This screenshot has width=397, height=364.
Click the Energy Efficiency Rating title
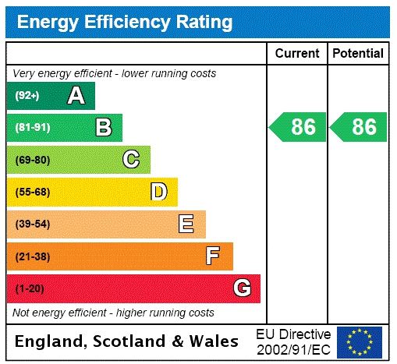click(125, 22)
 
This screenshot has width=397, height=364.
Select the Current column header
click(297, 54)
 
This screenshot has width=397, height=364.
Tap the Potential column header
click(358, 54)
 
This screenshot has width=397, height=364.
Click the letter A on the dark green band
click(76, 96)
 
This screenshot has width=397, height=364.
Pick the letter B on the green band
click(103, 128)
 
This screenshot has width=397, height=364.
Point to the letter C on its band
click(131, 160)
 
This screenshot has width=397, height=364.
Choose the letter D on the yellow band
click(159, 192)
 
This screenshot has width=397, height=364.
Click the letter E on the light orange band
click(186, 224)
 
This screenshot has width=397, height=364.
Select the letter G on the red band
click(242, 288)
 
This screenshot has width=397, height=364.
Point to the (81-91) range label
click(32, 128)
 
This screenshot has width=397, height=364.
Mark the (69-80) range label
click(32, 160)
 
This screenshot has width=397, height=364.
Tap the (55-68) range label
click(32, 192)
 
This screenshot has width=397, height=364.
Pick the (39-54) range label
click(32, 224)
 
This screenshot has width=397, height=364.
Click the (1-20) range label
click(30, 288)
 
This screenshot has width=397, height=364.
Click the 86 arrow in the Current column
click(298, 127)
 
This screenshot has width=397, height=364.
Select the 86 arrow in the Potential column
click(359, 127)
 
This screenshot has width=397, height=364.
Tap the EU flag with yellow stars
click(360, 341)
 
